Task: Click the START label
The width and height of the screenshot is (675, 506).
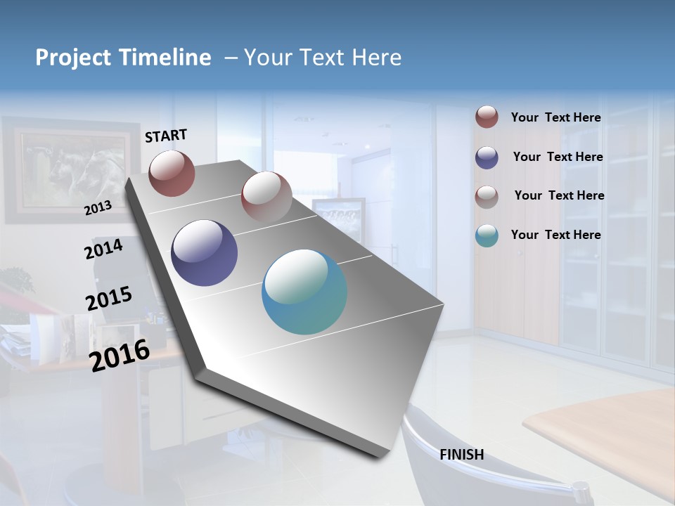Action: click(166, 136)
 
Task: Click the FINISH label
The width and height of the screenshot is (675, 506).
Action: click(461, 455)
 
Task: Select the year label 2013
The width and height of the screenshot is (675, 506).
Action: click(98, 208)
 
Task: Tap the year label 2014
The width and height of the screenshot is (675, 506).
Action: click(103, 249)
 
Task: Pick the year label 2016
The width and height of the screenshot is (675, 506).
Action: click(120, 355)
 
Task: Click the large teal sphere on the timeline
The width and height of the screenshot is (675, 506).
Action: click(304, 292)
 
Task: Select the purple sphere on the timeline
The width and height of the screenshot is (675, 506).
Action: click(204, 253)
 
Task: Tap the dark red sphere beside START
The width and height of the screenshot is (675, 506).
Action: click(172, 173)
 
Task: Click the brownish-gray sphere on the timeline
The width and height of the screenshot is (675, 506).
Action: click(266, 196)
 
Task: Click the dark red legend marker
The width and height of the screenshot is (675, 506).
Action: click(487, 117)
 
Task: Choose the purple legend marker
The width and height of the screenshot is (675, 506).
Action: click(487, 157)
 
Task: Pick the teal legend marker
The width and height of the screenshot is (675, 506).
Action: click(487, 235)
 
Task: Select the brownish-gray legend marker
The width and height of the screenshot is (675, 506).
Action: click(487, 196)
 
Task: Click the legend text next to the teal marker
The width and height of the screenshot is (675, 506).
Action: click(555, 235)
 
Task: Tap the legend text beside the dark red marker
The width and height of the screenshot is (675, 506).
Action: click(555, 117)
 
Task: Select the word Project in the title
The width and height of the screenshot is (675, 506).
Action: click(72, 58)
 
